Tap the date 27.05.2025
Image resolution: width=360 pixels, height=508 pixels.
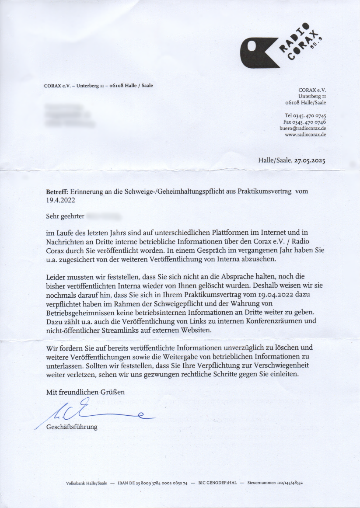tap(310, 160)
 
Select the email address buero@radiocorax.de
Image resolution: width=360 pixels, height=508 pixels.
tap(303, 129)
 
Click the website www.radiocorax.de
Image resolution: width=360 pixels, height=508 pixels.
tap(305, 135)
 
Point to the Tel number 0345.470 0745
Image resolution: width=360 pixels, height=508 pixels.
tap(305, 115)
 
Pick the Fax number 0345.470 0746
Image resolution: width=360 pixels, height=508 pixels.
tap(304, 122)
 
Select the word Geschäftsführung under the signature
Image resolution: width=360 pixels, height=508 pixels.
tap(72, 427)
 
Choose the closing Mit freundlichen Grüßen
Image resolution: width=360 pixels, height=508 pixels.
tap(85, 392)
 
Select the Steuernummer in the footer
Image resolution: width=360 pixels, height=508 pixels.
tap(275, 484)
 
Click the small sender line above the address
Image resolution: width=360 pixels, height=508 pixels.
tap(98, 86)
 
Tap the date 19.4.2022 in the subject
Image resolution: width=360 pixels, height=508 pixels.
tap(61, 201)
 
